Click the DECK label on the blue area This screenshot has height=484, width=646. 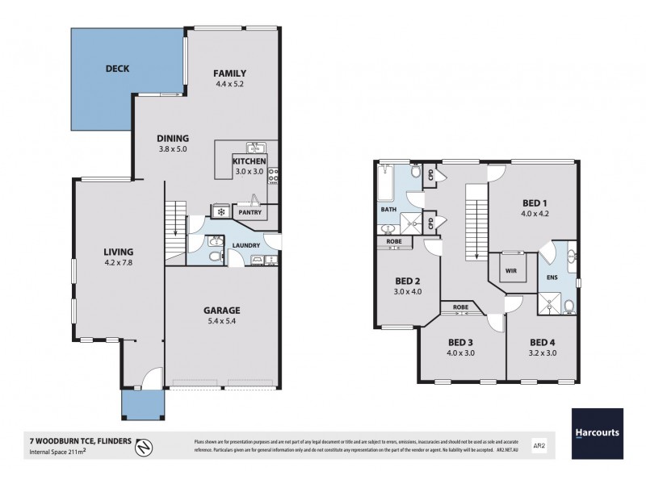tap(118, 69)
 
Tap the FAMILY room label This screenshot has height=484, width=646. tap(229, 73)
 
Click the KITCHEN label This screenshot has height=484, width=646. tap(250, 161)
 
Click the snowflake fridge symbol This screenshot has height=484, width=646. tap(220, 212)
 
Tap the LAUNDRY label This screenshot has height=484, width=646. tap(245, 245)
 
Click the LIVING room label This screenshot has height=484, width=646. tap(118, 251)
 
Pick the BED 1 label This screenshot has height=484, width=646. tap(534, 202)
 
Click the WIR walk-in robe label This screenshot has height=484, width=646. tap(510, 271)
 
